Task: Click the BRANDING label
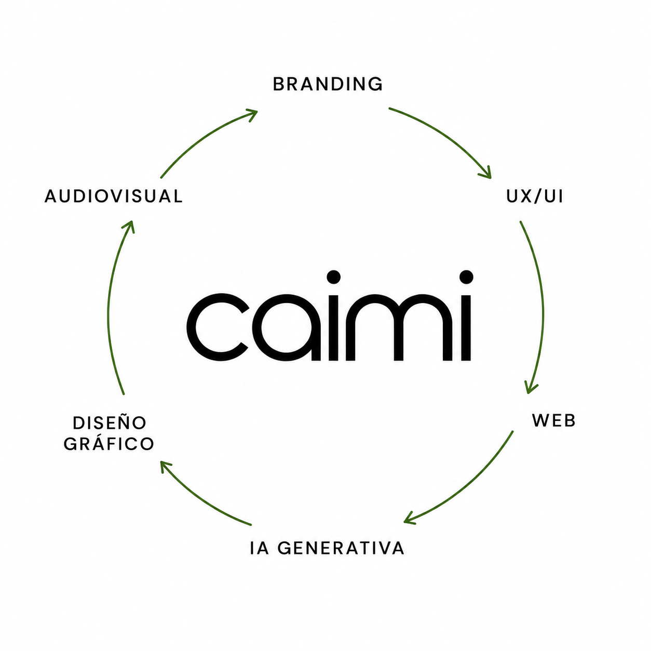coord(328,84)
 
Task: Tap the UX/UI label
coord(534,196)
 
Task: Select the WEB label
coord(554,421)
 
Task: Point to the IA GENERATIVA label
coord(327,548)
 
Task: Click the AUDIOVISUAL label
coord(114,196)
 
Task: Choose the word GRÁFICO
coord(109,443)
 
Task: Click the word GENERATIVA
coord(341,548)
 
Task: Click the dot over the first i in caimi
coord(333,277)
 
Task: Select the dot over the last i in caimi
coord(466,277)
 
